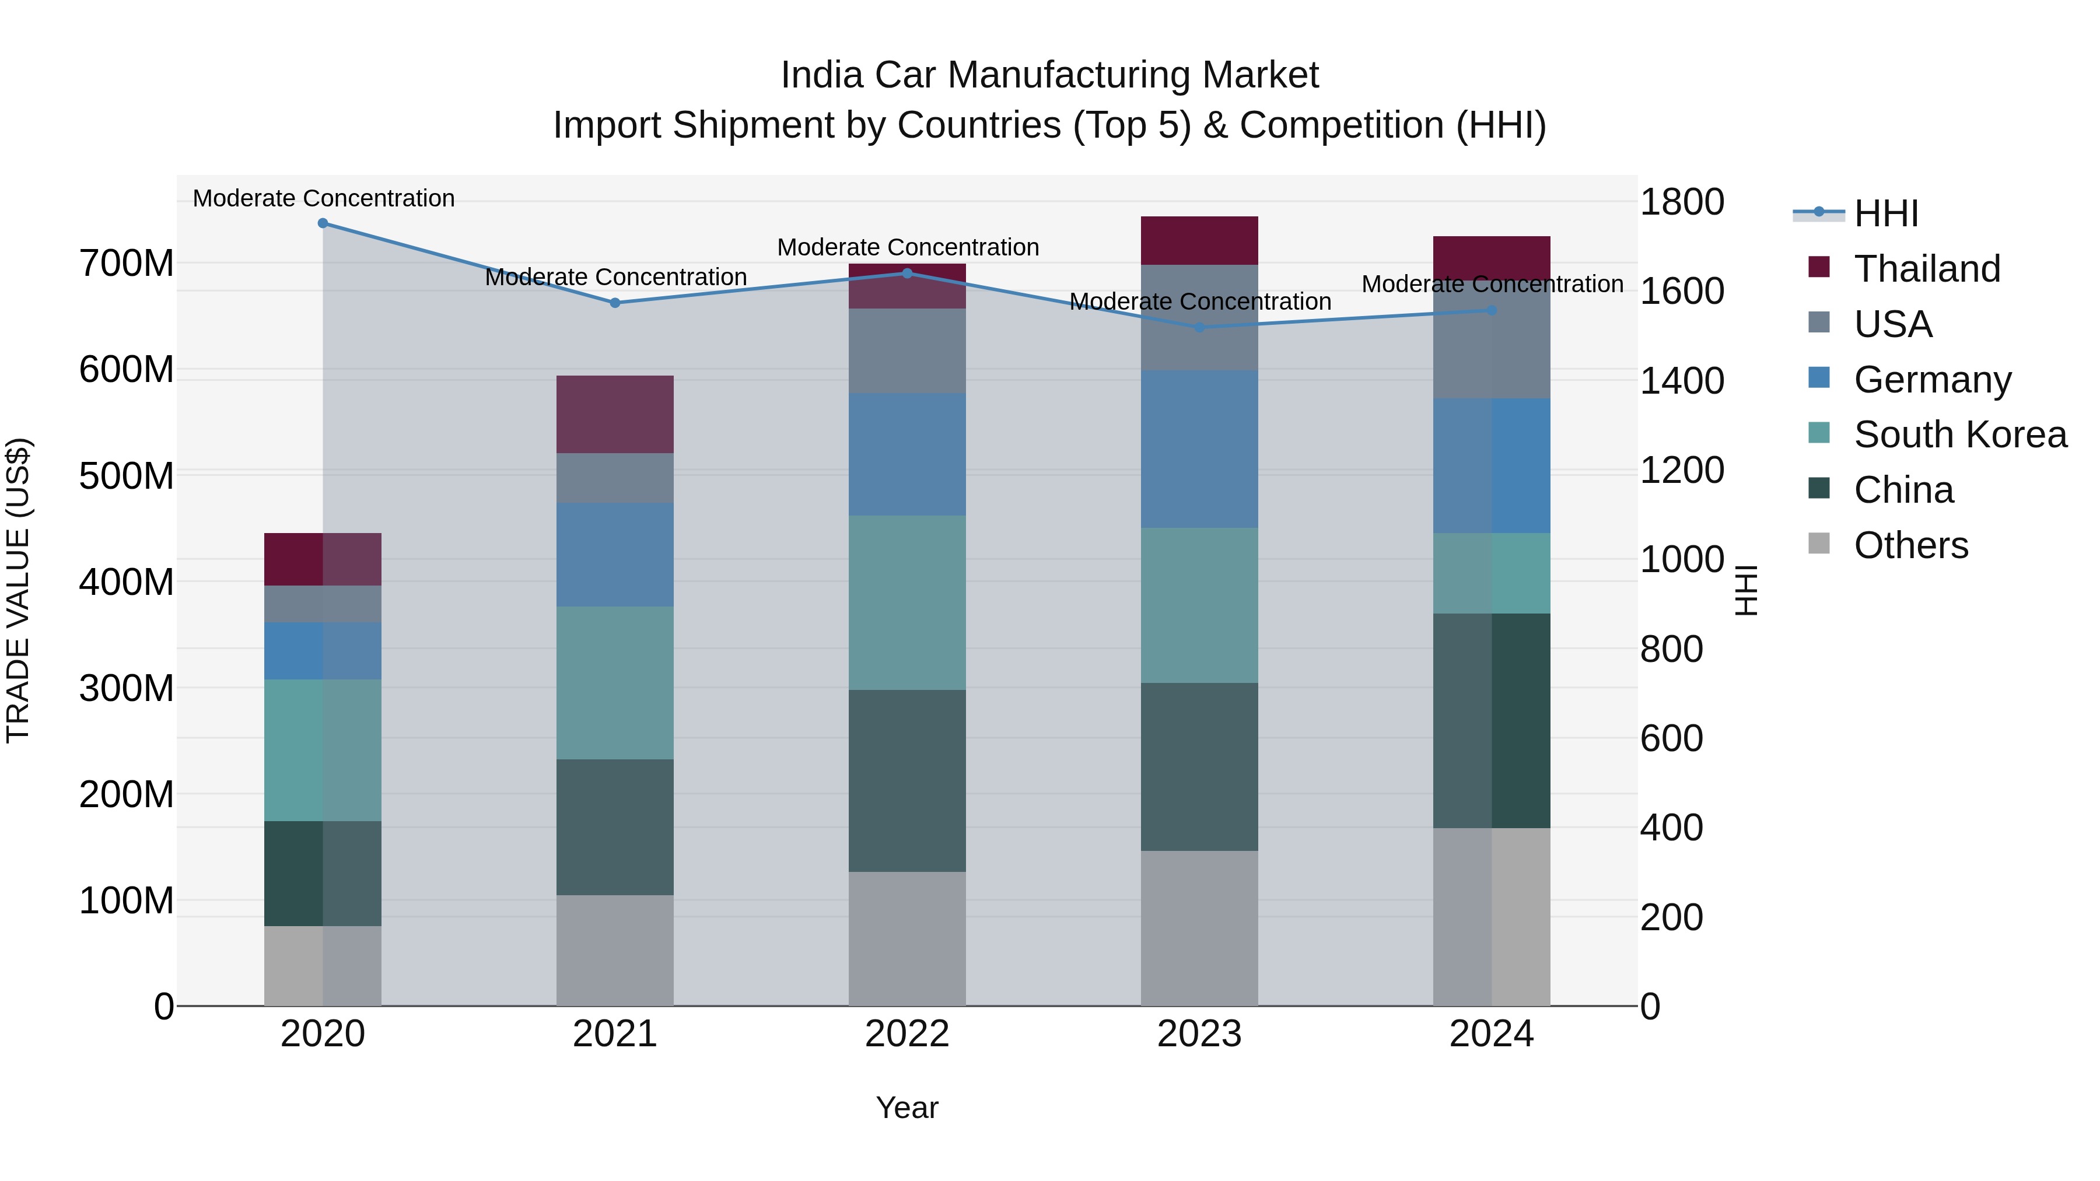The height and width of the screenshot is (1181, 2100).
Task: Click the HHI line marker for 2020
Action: [323, 223]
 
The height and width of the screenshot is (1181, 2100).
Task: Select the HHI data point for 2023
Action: [1199, 328]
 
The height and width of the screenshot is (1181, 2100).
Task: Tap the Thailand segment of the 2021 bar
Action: [615, 414]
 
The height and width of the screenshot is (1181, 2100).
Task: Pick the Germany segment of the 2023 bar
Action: [1199, 449]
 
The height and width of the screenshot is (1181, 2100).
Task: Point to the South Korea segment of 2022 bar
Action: [907, 602]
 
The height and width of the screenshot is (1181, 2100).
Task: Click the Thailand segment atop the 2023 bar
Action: [1199, 240]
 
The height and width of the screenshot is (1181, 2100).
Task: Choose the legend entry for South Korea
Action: [1960, 434]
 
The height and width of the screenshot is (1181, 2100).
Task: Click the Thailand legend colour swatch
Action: [1819, 267]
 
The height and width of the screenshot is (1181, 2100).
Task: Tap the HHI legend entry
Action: [1885, 213]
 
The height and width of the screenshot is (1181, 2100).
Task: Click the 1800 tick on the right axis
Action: [1682, 202]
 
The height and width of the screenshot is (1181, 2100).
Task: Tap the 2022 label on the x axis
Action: [907, 1034]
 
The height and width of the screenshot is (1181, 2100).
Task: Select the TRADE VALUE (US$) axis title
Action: [18, 590]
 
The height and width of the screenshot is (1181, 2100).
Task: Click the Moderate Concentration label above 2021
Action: [615, 277]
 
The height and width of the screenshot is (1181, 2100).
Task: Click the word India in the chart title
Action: [821, 75]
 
